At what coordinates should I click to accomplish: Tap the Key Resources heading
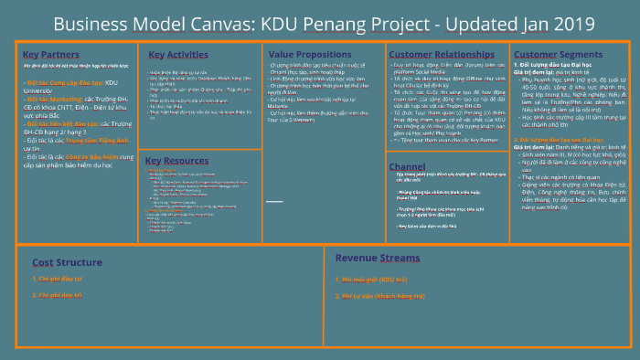[176, 161]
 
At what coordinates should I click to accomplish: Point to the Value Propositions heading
[310, 54]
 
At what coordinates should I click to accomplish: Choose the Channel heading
[407, 167]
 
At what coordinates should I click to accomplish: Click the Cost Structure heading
[61, 261]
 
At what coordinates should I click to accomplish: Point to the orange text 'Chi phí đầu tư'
[59, 278]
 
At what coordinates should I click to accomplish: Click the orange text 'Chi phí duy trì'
[59, 295]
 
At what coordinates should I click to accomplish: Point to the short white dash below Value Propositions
[273, 199]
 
